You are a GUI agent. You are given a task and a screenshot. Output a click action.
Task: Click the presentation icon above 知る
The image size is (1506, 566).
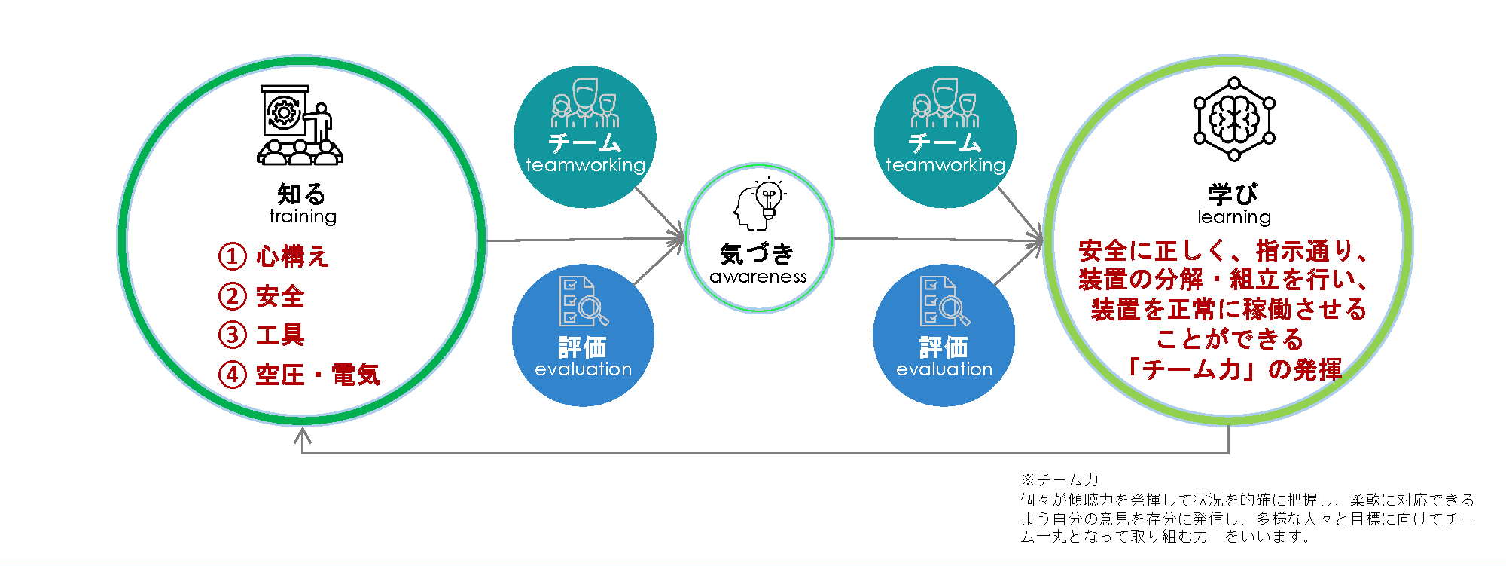tap(300, 124)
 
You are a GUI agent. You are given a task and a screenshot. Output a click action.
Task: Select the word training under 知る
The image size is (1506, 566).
tap(303, 216)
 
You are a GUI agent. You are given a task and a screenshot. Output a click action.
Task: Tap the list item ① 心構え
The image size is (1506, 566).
tap(274, 256)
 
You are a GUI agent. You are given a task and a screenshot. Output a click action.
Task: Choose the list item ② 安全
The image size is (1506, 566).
tap(262, 296)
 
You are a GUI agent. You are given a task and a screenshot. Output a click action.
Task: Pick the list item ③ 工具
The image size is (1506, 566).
tap(262, 335)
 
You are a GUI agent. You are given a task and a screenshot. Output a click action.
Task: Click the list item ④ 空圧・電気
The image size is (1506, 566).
tap(300, 375)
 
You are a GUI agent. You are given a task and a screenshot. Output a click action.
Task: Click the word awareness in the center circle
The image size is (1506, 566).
tap(758, 277)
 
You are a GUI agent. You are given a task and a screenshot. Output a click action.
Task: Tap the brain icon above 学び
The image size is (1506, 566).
tap(1234, 119)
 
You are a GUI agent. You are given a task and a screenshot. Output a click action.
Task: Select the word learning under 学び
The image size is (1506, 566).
tap(1234, 217)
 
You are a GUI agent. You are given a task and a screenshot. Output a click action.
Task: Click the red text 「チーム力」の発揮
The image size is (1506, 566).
tap(1234, 369)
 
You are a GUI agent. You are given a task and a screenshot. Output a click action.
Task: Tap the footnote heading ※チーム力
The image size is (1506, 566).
tap(1059, 479)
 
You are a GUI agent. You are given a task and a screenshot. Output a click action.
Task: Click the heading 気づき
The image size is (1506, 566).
tap(758, 254)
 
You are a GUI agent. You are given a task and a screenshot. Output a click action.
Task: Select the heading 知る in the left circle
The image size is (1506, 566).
tap(301, 194)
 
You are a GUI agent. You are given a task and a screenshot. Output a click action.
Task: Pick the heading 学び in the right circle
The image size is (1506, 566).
tap(1233, 194)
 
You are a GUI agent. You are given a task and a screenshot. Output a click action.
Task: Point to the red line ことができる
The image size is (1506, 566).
tap(1229, 339)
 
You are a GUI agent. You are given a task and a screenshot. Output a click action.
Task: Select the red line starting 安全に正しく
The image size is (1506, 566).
tap(1223, 250)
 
